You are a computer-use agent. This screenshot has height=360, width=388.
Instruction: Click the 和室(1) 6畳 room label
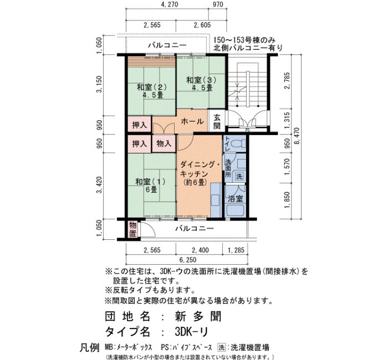[x=150, y=186]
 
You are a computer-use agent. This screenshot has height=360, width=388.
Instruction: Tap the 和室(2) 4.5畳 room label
[x=152, y=91]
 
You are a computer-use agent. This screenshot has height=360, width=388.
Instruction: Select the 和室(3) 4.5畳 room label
[x=201, y=84]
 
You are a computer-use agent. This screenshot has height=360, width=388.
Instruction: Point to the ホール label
[x=192, y=121]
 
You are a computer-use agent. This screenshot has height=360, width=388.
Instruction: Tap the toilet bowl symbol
[x=238, y=143]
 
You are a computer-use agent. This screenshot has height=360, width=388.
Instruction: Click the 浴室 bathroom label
[x=236, y=198]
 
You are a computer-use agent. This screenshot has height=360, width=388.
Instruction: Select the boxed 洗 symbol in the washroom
[x=239, y=176]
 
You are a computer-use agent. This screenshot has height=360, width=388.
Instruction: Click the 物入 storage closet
[x=164, y=143]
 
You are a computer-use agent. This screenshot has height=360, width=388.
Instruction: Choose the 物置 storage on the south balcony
[x=132, y=229]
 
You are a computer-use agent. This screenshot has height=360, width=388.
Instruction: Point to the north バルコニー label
[x=167, y=45]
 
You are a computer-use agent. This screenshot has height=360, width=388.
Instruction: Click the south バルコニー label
[x=195, y=228]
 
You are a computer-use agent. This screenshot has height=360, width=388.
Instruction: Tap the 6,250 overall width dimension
[x=188, y=260]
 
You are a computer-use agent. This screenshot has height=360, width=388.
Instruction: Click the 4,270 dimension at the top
[x=169, y=4]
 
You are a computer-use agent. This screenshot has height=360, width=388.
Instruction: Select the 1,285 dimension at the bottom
[x=236, y=250]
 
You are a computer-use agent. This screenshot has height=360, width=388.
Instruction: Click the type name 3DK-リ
[x=191, y=332]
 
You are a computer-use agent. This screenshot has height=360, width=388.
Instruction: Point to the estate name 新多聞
[x=198, y=316]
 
